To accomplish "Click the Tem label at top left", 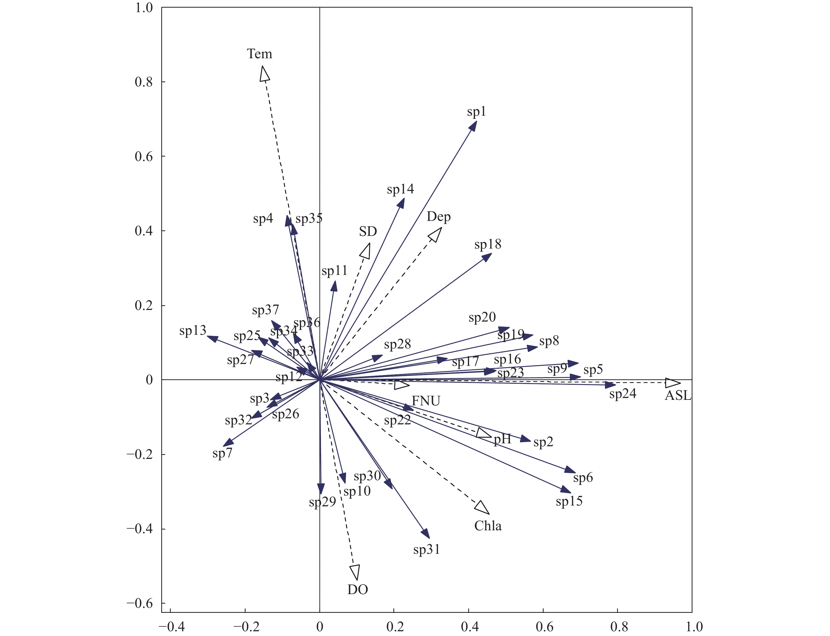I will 259,54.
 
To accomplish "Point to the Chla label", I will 488,526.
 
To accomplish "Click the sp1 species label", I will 476,112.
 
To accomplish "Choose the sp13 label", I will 193,331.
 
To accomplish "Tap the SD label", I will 368,231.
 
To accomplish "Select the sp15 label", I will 569,502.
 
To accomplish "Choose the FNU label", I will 426,401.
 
